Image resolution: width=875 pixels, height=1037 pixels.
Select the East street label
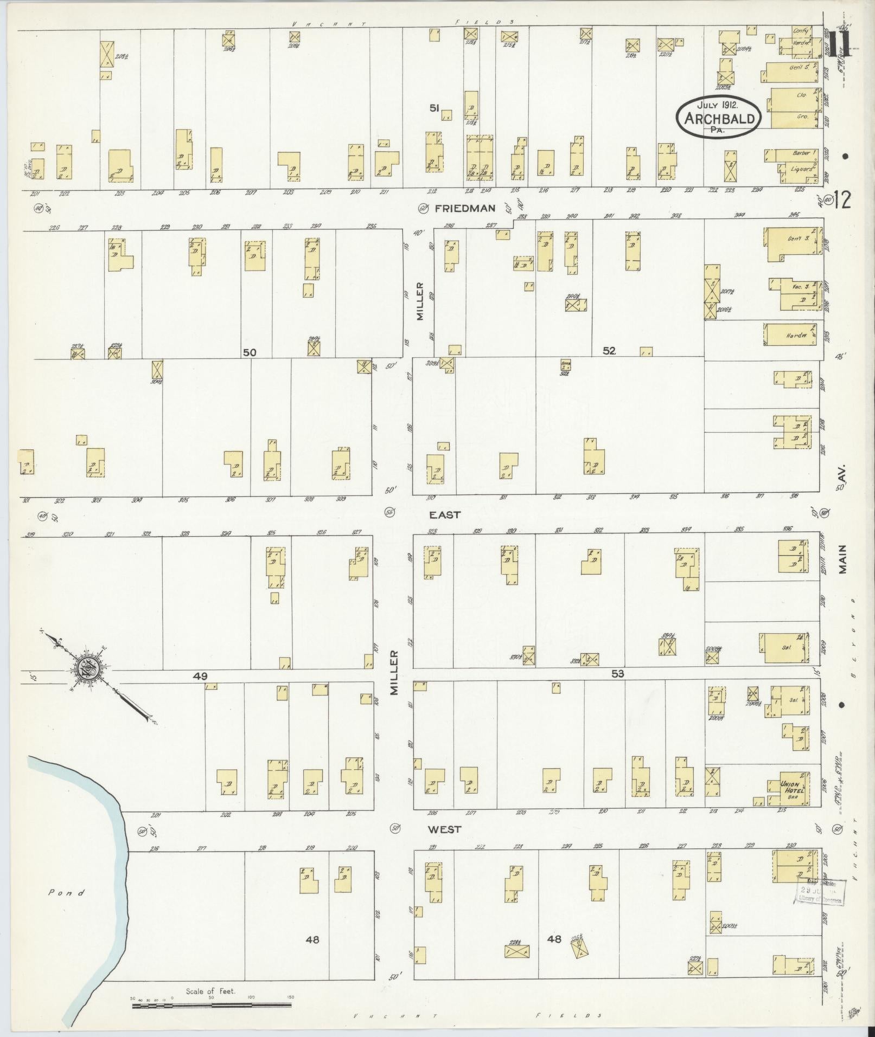click(x=445, y=514)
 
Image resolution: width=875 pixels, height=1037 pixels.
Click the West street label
click(x=444, y=844)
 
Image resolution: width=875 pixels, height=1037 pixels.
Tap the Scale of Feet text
click(x=210, y=991)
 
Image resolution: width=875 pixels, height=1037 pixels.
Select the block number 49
click(x=201, y=676)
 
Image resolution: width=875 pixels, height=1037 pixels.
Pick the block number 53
click(x=618, y=674)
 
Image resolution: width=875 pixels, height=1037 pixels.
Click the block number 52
click(x=609, y=351)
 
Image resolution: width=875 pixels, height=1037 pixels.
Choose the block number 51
click(x=434, y=108)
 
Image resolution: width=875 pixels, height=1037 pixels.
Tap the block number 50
click(x=250, y=352)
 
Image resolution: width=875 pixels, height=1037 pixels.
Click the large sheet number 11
click(x=840, y=43)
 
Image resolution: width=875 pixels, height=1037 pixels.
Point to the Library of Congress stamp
click(x=819, y=891)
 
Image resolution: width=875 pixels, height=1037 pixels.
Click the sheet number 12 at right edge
click(x=842, y=202)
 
